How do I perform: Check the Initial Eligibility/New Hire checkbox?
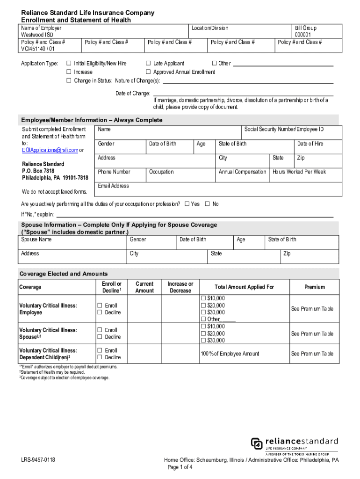[69, 64]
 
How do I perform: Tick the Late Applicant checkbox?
[148, 64]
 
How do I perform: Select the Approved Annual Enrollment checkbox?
[148, 72]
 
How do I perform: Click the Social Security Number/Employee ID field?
[291, 133]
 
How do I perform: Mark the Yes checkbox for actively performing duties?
[187, 204]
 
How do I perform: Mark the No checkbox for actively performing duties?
[207, 204]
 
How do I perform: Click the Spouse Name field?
[72, 243]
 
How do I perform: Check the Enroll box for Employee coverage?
[100, 305]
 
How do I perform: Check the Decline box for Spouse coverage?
[100, 337]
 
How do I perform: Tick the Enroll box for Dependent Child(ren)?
[100, 350]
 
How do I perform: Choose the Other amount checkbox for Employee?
[203, 319]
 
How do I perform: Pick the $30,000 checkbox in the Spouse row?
[203, 340]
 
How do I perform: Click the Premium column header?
[314, 287]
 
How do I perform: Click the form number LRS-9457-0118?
[38, 460]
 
